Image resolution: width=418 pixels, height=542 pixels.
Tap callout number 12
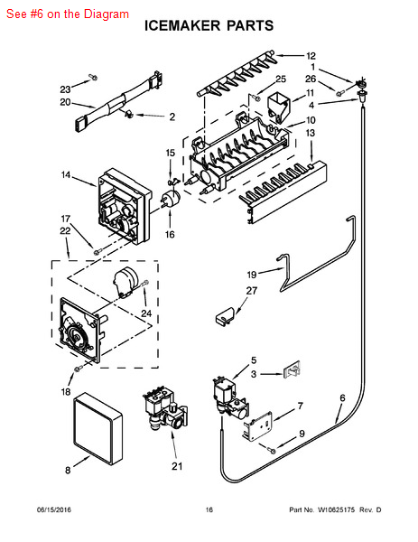tap(311, 56)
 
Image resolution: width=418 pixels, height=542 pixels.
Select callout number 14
tap(66, 174)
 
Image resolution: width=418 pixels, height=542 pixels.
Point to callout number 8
tap(67, 470)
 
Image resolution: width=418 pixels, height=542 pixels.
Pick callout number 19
tap(252, 273)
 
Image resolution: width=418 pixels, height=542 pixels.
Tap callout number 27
tap(252, 291)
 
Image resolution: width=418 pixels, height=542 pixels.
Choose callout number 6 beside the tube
tap(342, 397)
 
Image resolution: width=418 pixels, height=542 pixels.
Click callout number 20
tap(65, 102)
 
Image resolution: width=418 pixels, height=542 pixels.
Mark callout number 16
tap(169, 235)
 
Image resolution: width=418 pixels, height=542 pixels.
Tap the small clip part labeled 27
tap(224, 314)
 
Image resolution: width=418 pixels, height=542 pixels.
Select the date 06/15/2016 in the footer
tap(53, 510)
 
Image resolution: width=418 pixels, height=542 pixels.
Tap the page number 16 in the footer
tap(209, 510)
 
